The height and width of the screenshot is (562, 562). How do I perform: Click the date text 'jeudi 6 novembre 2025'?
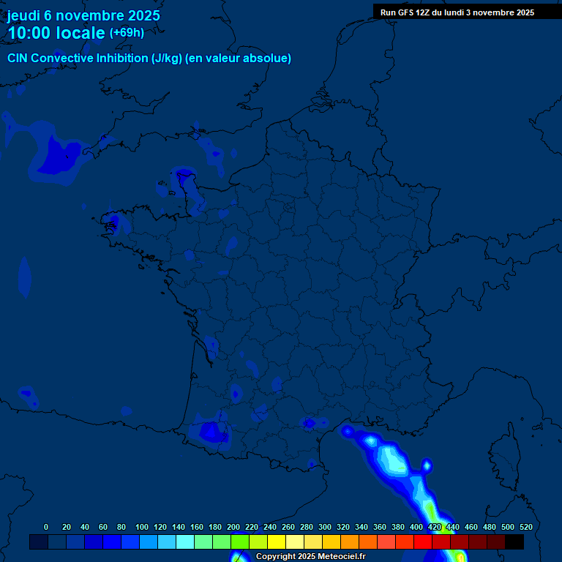(83, 15)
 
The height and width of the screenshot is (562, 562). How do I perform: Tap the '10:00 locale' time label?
(56, 34)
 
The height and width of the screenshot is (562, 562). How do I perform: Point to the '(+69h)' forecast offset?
(127, 33)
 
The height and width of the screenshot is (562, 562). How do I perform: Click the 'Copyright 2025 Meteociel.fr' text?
(310, 557)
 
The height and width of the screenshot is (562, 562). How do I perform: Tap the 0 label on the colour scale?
(46, 527)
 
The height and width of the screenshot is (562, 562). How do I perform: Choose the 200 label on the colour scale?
(233, 527)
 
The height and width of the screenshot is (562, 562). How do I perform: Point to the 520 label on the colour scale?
(525, 527)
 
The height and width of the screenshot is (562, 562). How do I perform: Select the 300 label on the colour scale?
(325, 527)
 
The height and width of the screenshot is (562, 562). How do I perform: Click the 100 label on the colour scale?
(142, 527)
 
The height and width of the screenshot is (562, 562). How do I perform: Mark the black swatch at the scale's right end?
(514, 542)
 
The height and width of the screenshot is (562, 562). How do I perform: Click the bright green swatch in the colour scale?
(240, 542)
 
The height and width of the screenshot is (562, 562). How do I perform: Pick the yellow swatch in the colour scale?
(277, 542)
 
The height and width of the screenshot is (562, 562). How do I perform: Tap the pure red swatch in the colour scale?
(423, 542)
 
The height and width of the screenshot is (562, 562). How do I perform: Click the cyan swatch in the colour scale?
(185, 542)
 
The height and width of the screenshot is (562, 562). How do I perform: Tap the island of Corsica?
(505, 454)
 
